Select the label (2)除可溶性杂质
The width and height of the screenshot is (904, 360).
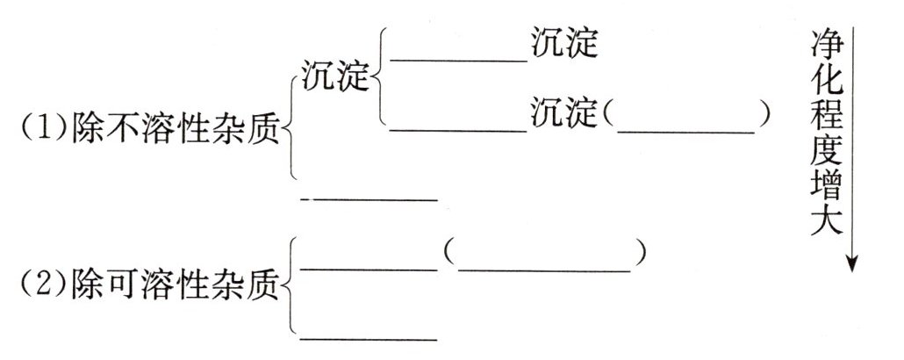pos(149,283)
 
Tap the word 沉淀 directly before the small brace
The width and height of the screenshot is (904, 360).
pos(334,77)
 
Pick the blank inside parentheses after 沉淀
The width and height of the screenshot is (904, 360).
pos(686,130)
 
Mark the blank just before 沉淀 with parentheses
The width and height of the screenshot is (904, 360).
pos(459,130)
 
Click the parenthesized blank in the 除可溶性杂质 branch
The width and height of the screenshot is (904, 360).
pos(545,269)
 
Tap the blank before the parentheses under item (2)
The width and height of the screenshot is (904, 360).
pos(369,269)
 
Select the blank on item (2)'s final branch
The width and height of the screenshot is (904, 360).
pos(369,337)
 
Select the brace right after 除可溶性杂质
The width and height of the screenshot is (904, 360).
pos(292,284)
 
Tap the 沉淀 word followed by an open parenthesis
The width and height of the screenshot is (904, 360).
pos(564,114)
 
